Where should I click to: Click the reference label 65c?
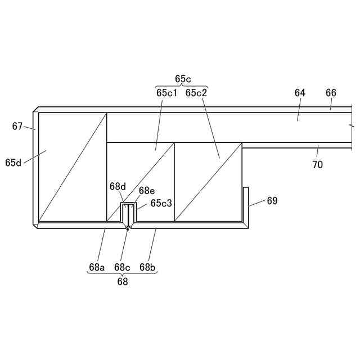coord(183,79)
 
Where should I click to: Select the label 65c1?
coord(166,93)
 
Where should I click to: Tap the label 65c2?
coord(196,93)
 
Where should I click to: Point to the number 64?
coord(300,93)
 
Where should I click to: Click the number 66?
coord(331,93)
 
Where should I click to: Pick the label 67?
coord(17,126)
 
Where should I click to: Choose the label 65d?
coord(13,163)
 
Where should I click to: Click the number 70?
coord(317,164)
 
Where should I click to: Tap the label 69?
coord(272,201)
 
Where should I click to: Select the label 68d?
coord(118,186)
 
